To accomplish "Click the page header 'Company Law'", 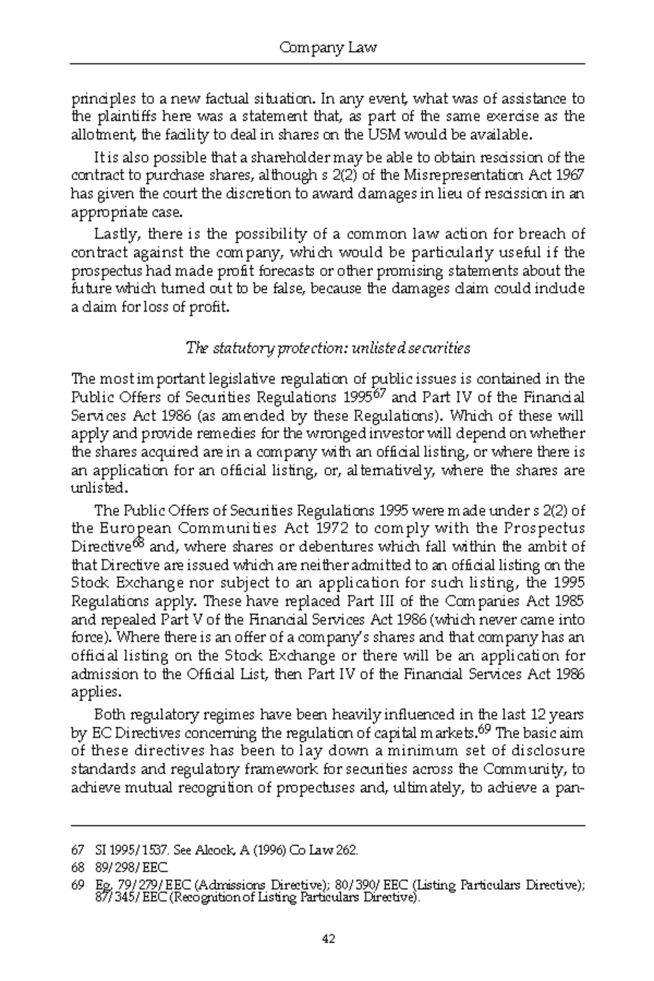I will (x=328, y=48).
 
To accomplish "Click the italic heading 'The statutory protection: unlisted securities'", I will (x=328, y=348).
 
